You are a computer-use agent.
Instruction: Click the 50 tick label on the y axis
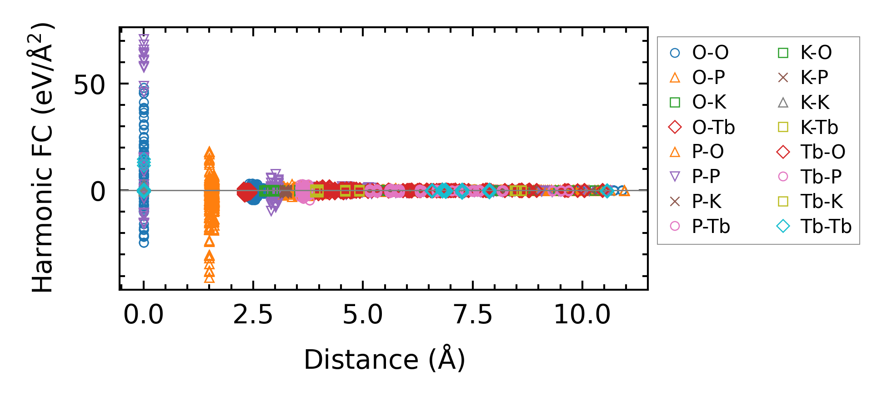coord(90,84)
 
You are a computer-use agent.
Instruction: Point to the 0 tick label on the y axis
coord(98,192)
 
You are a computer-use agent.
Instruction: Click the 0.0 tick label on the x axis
coord(144,314)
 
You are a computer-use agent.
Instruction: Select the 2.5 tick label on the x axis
coord(253,314)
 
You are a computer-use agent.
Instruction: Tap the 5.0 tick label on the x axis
coord(363,314)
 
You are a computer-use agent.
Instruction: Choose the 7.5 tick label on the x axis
coord(473,314)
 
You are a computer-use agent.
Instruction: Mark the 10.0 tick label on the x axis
coord(582,314)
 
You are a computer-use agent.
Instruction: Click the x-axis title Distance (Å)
coord(384,360)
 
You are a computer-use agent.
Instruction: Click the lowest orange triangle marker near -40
coord(209,278)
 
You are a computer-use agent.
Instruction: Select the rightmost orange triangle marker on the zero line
coord(624,191)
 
